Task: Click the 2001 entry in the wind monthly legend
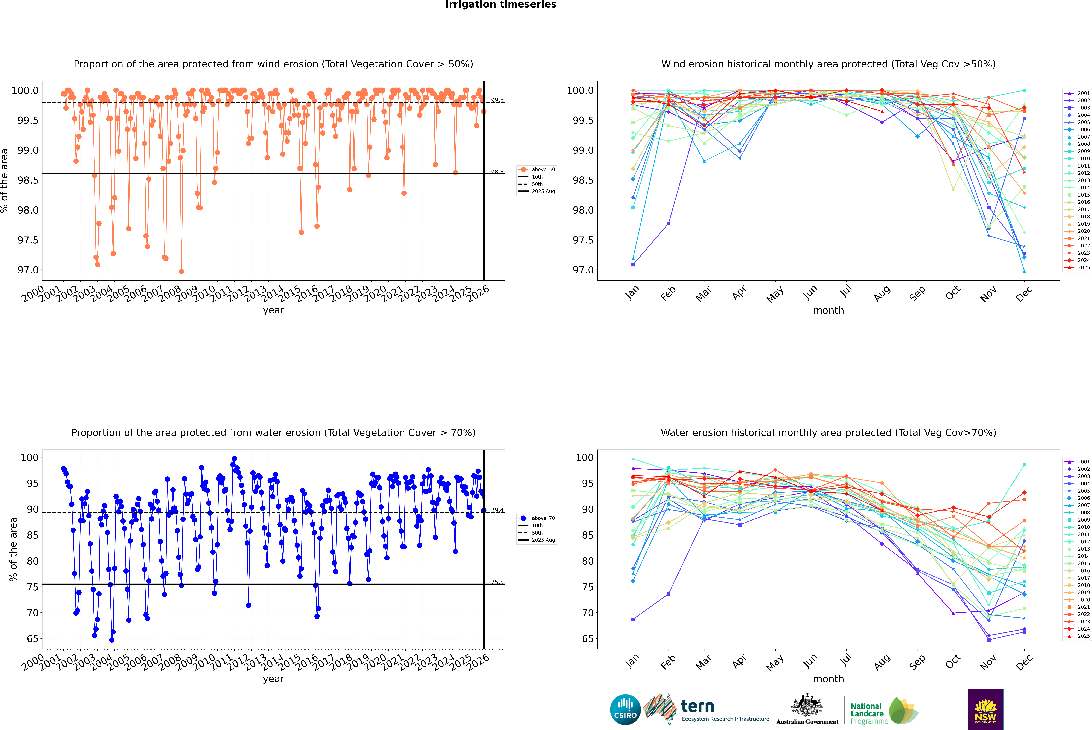1083,93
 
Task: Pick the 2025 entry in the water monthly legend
1083,636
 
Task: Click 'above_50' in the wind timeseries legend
543,170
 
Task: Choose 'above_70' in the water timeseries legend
543,518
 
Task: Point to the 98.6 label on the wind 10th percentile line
497,172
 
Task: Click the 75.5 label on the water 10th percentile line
497,582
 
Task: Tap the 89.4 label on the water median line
497,510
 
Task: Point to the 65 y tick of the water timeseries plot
32,639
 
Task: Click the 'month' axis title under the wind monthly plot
828,311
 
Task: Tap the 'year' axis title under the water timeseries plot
273,679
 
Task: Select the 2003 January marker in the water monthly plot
633,619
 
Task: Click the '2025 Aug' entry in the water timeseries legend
543,540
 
